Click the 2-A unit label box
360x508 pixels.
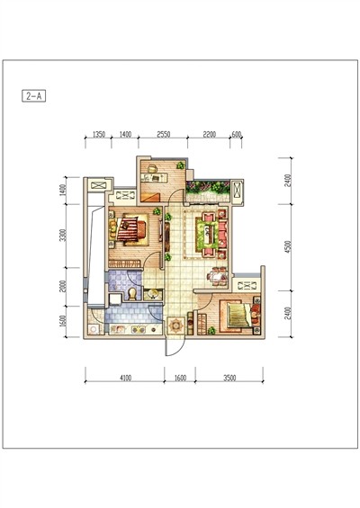[33, 96]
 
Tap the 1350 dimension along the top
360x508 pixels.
[99, 134]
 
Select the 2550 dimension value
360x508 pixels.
[164, 134]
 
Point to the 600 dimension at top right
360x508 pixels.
[237, 134]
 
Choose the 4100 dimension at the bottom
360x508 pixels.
[125, 378]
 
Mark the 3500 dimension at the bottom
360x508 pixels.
[229, 378]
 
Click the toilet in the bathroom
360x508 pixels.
[132, 294]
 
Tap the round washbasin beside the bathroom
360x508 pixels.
[153, 294]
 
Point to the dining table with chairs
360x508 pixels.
[217, 276]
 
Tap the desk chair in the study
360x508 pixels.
[152, 168]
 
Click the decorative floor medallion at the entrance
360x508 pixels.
[175, 325]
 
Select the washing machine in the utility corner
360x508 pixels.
[94, 329]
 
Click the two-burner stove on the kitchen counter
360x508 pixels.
[139, 329]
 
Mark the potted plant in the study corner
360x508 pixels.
[180, 165]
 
